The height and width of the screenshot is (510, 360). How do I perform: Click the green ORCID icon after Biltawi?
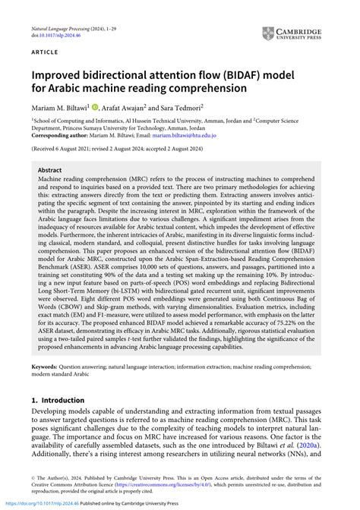point(95,107)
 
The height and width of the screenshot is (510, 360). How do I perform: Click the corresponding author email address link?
point(185,135)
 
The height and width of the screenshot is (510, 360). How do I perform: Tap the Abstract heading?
point(49,172)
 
